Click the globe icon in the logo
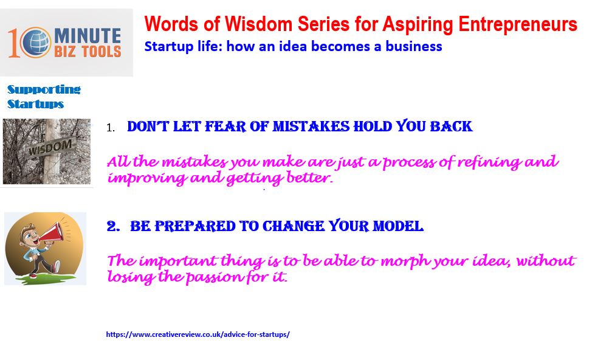pos(35,42)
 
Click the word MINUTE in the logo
pos(88,36)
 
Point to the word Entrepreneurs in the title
pos(518,25)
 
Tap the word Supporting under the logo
pos(44,89)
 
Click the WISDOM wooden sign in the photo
pos(50,146)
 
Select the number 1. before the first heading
pos(111,128)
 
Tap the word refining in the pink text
pos(489,163)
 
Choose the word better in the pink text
pos(309,178)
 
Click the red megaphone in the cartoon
pos(52,232)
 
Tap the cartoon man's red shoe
pos(57,266)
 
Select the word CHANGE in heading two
pos(294,226)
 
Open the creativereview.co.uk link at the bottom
pos(198,334)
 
